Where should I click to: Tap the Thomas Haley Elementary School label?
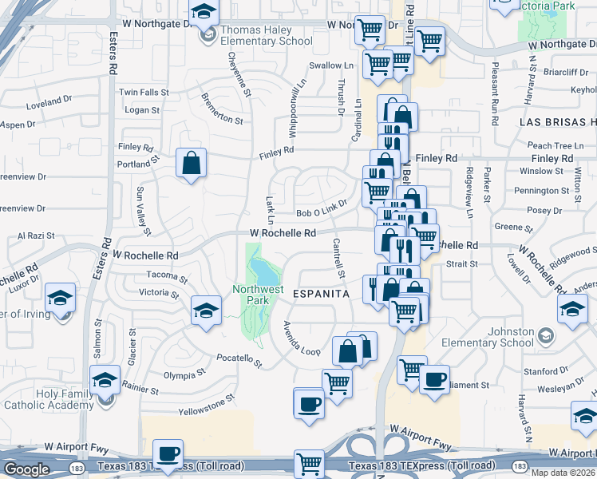[x=267, y=35]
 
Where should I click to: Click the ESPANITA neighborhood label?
[x=322, y=295]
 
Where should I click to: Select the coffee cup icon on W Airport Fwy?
[x=168, y=453]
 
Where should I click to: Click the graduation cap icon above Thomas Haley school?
[x=204, y=13]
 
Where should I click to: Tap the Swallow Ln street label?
[x=331, y=65]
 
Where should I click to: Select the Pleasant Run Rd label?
[x=496, y=95]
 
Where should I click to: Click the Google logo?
[x=26, y=469]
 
